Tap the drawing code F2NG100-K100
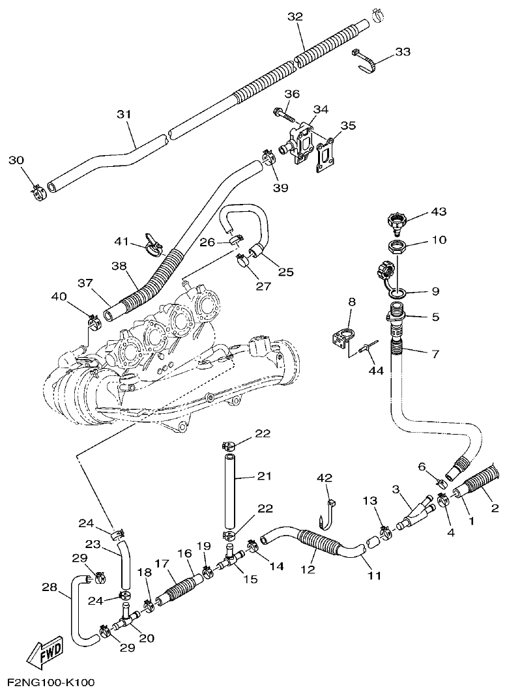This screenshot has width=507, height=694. click(x=51, y=683)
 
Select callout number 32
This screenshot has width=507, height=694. click(x=295, y=17)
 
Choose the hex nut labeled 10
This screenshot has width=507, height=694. click(x=396, y=247)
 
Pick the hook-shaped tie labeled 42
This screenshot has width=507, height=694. click(x=327, y=512)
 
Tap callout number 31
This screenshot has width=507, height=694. click(x=124, y=114)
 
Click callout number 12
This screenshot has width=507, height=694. click(x=307, y=569)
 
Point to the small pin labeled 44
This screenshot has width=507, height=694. click(x=368, y=350)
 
